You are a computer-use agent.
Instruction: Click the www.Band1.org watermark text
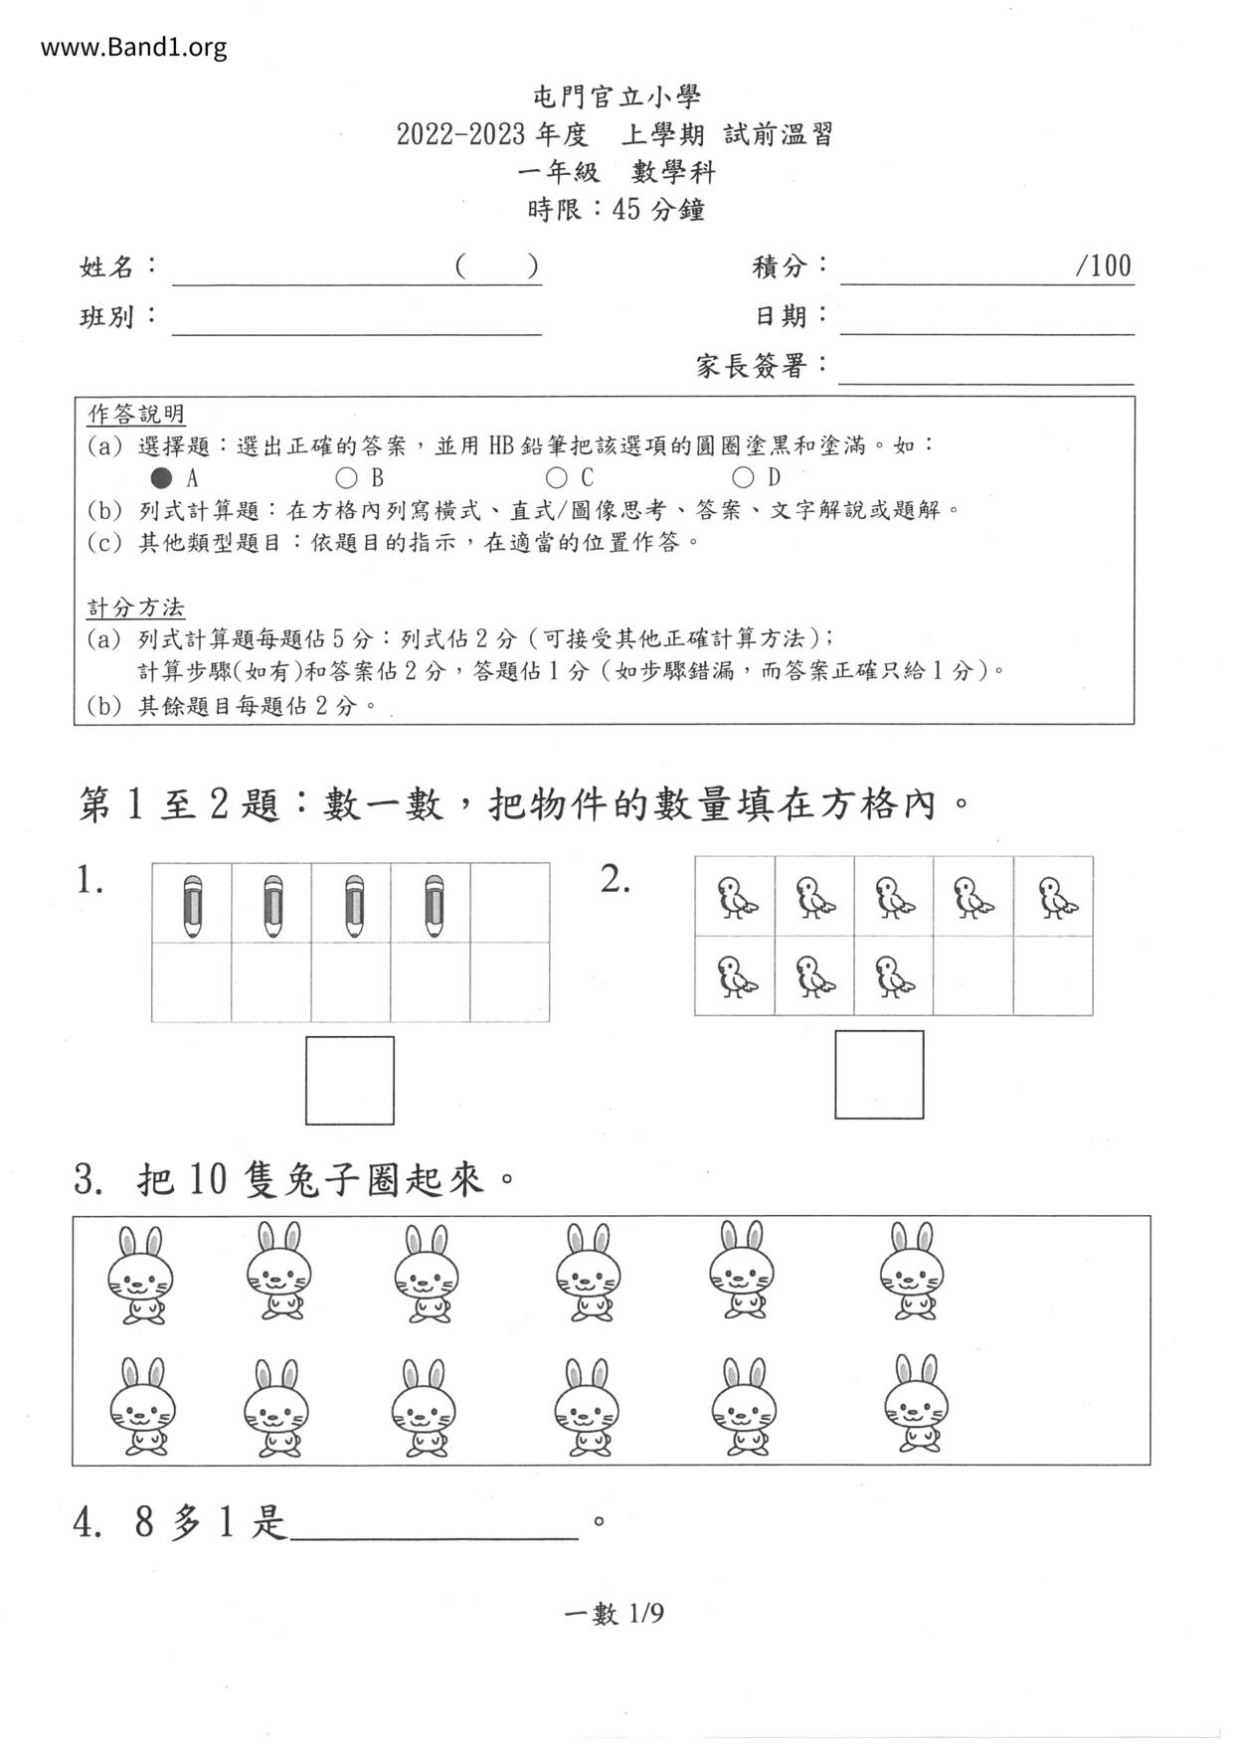pyautogui.click(x=133, y=47)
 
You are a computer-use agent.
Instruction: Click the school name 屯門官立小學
pyautogui.click(x=616, y=96)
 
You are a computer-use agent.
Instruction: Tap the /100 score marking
pyautogui.click(x=1103, y=265)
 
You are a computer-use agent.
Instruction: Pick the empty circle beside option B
pyautogui.click(x=346, y=477)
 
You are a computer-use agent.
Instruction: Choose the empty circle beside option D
pyautogui.click(x=743, y=477)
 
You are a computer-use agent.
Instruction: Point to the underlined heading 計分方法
pyautogui.click(x=136, y=608)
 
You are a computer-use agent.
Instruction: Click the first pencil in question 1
pyautogui.click(x=193, y=905)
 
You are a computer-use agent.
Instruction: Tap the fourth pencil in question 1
pyautogui.click(x=433, y=905)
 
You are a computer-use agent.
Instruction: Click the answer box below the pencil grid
pyautogui.click(x=350, y=1080)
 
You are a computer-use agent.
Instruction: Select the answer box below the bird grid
pyautogui.click(x=879, y=1074)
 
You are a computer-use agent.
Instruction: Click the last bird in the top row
pyautogui.click(x=1057, y=897)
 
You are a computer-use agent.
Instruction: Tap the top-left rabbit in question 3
pyautogui.click(x=140, y=1275)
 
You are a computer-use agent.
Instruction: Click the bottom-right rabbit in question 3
pyautogui.click(x=916, y=1403)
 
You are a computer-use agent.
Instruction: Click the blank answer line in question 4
pyautogui.click(x=434, y=1523)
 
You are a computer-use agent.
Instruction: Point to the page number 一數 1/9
pyautogui.click(x=614, y=1613)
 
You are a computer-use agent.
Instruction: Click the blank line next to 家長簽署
pyautogui.click(x=986, y=369)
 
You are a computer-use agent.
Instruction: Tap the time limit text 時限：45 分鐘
pyautogui.click(x=616, y=210)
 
